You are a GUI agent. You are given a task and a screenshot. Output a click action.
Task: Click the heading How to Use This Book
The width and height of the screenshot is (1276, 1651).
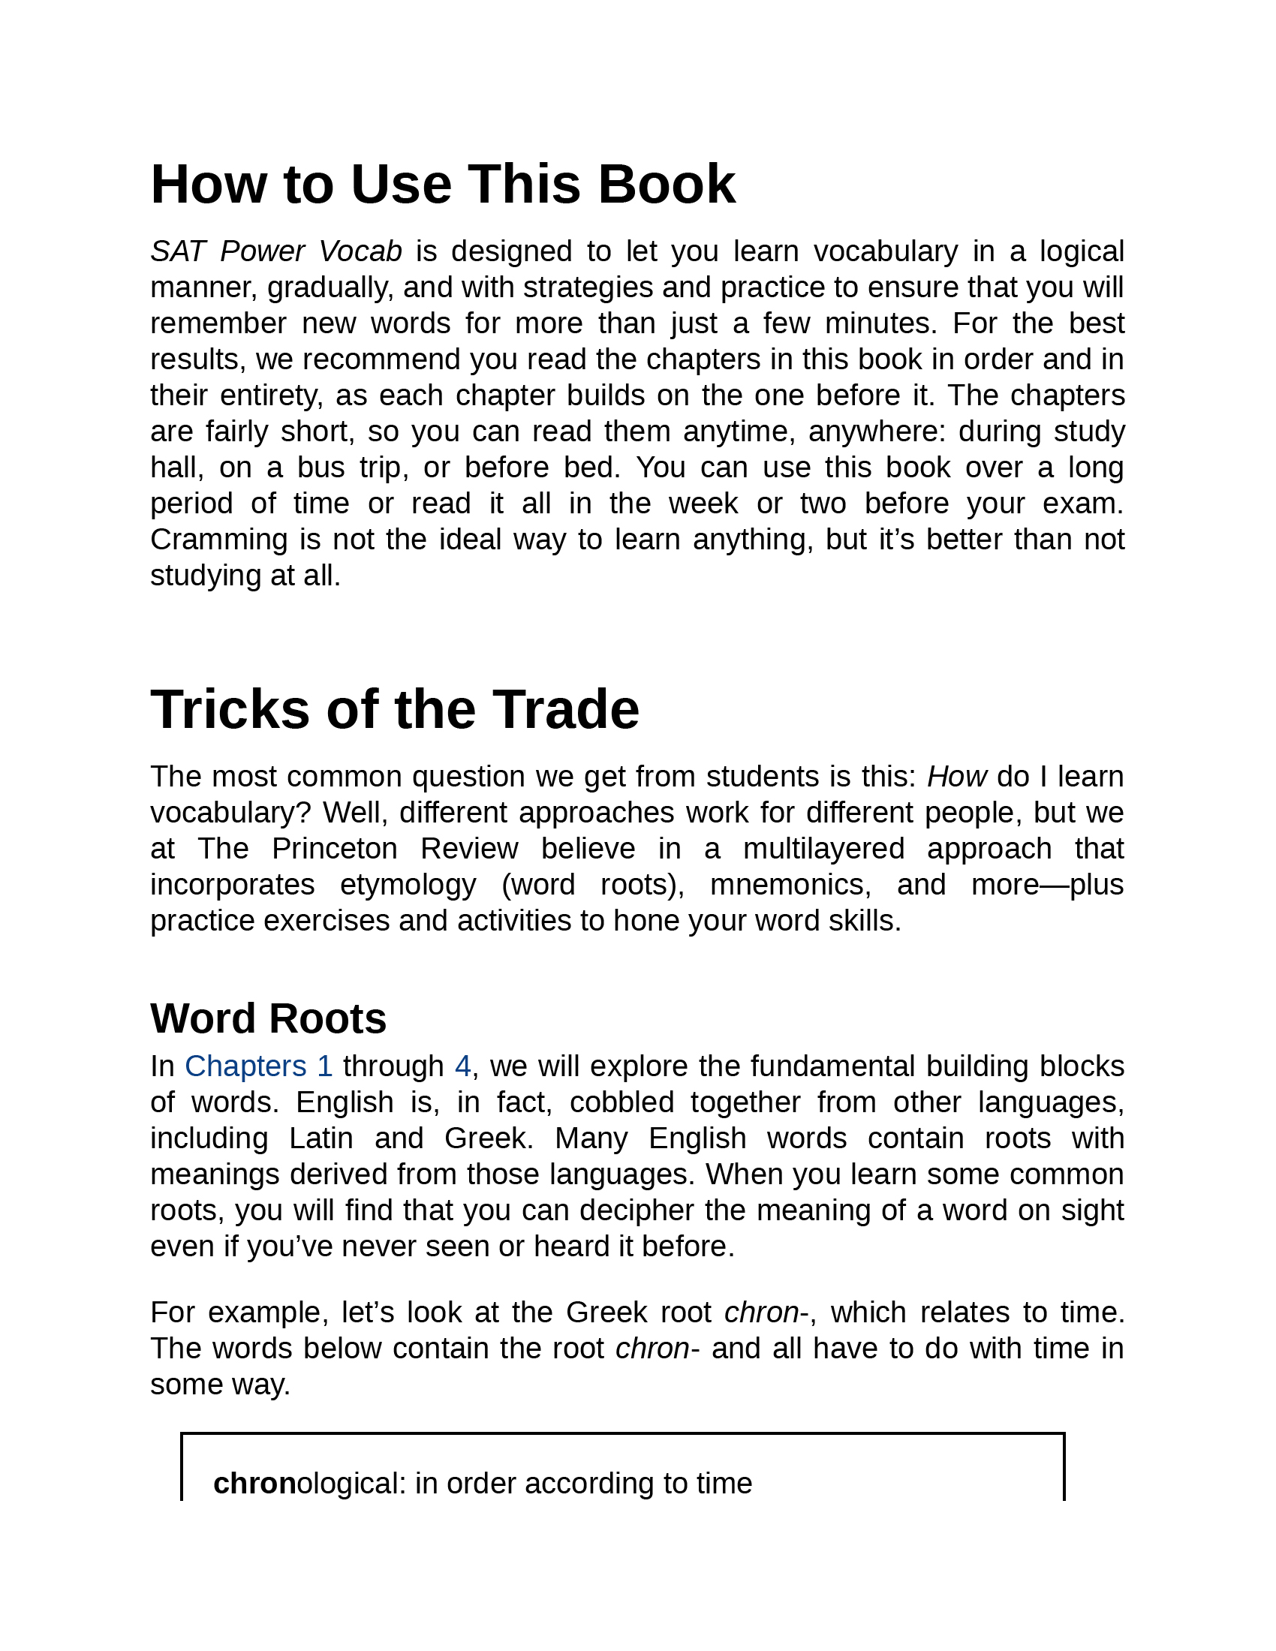[442, 185]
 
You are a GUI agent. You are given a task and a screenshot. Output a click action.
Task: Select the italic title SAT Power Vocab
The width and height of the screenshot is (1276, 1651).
[276, 251]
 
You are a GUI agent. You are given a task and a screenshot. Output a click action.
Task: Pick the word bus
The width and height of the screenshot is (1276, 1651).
[321, 468]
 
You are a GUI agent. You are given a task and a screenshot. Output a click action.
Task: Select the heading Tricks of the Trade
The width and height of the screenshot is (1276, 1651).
[395, 710]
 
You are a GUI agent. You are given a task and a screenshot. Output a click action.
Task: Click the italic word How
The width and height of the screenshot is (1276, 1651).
[956, 777]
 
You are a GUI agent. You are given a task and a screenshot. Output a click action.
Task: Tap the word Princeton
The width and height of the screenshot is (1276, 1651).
[334, 849]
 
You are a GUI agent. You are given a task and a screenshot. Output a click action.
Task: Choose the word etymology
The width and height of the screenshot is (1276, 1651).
[408, 885]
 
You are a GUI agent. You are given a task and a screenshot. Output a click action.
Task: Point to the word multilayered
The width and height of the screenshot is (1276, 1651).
[823, 849]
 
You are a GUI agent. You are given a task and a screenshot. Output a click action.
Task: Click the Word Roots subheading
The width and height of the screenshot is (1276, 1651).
[269, 1018]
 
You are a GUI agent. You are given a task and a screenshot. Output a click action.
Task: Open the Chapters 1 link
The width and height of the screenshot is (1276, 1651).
[258, 1066]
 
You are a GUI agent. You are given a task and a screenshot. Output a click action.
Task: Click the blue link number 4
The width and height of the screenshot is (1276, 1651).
[462, 1066]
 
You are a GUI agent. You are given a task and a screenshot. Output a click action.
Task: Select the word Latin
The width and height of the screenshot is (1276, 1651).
[321, 1138]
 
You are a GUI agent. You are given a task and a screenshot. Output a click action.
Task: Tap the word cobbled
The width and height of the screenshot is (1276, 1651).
[621, 1103]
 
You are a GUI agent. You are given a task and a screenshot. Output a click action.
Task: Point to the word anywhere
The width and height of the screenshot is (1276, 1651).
[876, 432]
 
